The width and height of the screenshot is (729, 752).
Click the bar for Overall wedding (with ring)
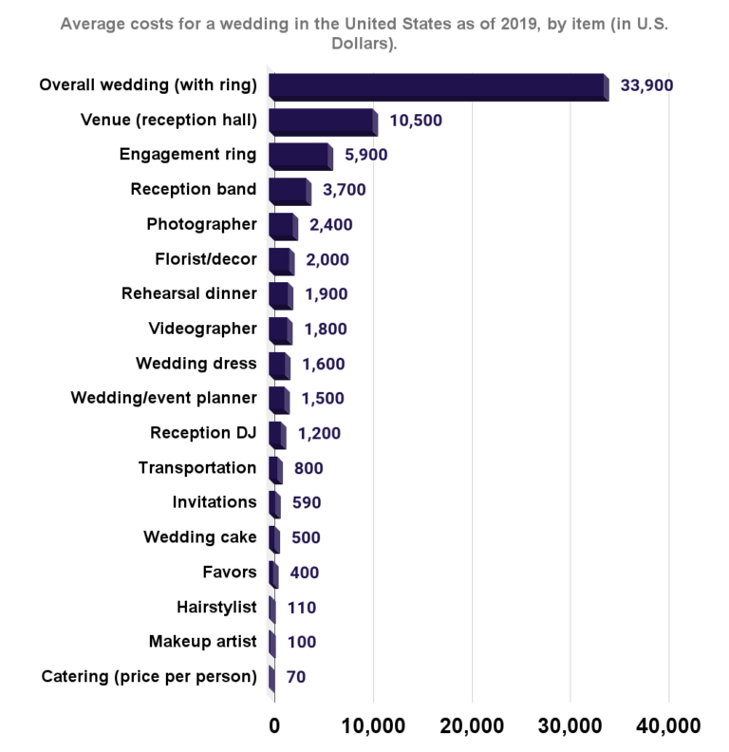438,86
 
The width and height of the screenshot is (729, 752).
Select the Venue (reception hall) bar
323,122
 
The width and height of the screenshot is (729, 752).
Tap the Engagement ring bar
300,156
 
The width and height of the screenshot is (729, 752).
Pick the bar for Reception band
289,190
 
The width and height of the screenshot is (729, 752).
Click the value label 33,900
647,85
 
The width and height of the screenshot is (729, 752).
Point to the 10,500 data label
417,121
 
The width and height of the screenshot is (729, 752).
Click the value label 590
308,502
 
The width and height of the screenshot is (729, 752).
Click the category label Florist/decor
205,259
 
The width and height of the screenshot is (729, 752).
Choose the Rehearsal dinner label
189,293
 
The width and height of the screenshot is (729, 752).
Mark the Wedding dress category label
196,364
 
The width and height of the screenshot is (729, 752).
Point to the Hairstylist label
216,607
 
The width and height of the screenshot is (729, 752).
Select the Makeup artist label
202,641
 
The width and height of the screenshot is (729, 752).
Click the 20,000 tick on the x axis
472,726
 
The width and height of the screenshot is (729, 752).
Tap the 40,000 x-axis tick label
668,726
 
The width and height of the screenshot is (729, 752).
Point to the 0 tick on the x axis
274,726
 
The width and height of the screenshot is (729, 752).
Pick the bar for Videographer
280,329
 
